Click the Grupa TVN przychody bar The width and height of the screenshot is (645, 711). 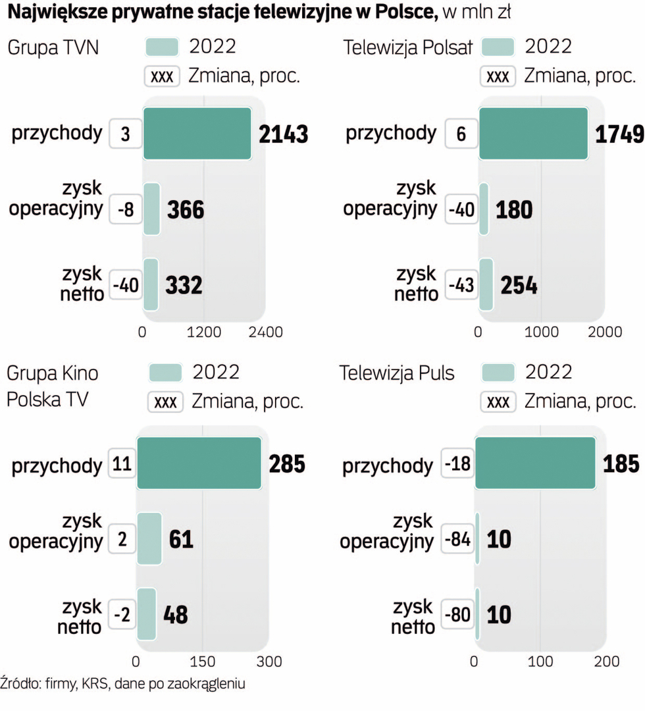pyautogui.click(x=197, y=133)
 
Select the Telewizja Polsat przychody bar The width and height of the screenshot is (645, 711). pyautogui.click(x=533, y=133)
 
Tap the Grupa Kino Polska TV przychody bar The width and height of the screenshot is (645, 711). pyautogui.click(x=199, y=463)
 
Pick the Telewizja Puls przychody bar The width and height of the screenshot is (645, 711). pyautogui.click(x=535, y=463)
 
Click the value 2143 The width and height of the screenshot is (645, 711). pyautogui.click(x=283, y=134)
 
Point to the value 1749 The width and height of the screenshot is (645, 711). pyautogui.click(x=619, y=134)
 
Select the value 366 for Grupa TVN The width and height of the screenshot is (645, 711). pyautogui.click(x=186, y=210)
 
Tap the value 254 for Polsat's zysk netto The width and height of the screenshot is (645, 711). pyautogui.click(x=519, y=286)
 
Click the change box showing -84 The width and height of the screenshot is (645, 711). pyautogui.click(x=457, y=541)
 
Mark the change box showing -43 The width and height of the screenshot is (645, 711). pyautogui.click(x=461, y=286)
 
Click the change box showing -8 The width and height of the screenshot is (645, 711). pyautogui.click(x=126, y=210)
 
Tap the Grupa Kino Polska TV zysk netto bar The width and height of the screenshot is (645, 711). pyautogui.click(x=147, y=614)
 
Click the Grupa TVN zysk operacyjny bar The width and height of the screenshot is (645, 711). pyautogui.click(x=151, y=209)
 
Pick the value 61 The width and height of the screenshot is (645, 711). pyautogui.click(x=181, y=540)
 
